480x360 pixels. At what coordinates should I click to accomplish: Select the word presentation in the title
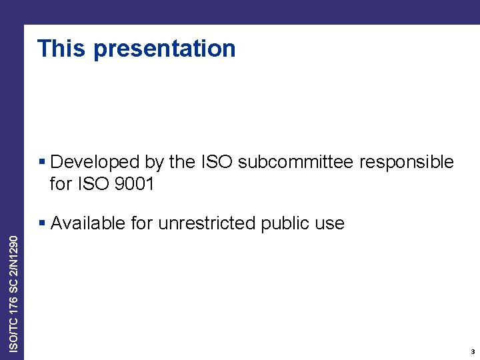(x=165, y=49)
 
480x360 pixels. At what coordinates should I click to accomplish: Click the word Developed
(x=95, y=162)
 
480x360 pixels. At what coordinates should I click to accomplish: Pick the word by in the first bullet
(x=154, y=163)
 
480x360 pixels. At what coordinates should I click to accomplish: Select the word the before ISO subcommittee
(x=182, y=162)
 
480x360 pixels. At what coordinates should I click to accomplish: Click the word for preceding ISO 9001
(x=61, y=184)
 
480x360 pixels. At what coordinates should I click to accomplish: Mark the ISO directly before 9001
(x=93, y=184)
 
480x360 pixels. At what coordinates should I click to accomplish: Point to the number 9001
(x=135, y=184)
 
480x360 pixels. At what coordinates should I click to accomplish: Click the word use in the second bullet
(x=330, y=223)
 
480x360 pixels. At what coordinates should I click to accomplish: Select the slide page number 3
(x=472, y=351)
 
